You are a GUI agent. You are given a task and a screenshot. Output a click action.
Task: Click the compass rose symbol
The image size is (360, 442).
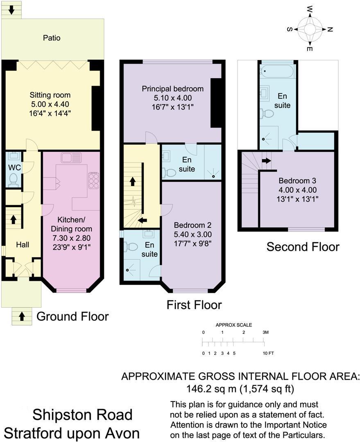point(310,29)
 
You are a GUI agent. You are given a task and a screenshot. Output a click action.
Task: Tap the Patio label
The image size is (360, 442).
point(52,38)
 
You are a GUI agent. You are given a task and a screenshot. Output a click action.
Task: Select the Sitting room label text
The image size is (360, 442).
point(50,95)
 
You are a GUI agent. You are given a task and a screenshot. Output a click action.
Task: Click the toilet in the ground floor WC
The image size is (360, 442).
point(14,178)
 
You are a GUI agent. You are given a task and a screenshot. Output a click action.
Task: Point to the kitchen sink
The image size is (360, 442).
point(71,158)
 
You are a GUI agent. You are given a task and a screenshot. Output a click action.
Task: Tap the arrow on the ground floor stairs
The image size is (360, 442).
point(13,219)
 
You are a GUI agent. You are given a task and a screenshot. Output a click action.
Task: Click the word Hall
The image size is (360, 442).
point(23,245)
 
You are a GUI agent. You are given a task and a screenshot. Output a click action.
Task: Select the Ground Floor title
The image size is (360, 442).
point(72,316)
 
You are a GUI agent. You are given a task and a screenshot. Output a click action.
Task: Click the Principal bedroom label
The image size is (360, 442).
point(172,89)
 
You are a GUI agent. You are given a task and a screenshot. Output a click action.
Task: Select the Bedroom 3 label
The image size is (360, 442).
point(298,181)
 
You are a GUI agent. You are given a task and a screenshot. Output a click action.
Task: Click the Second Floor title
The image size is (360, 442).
point(303,247)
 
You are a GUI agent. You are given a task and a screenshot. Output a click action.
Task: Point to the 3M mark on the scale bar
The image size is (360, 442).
point(265,332)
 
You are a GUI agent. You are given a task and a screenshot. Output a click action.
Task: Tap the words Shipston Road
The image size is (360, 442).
point(82,415)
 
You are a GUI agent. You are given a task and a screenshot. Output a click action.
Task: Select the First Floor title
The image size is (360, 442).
point(194,305)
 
